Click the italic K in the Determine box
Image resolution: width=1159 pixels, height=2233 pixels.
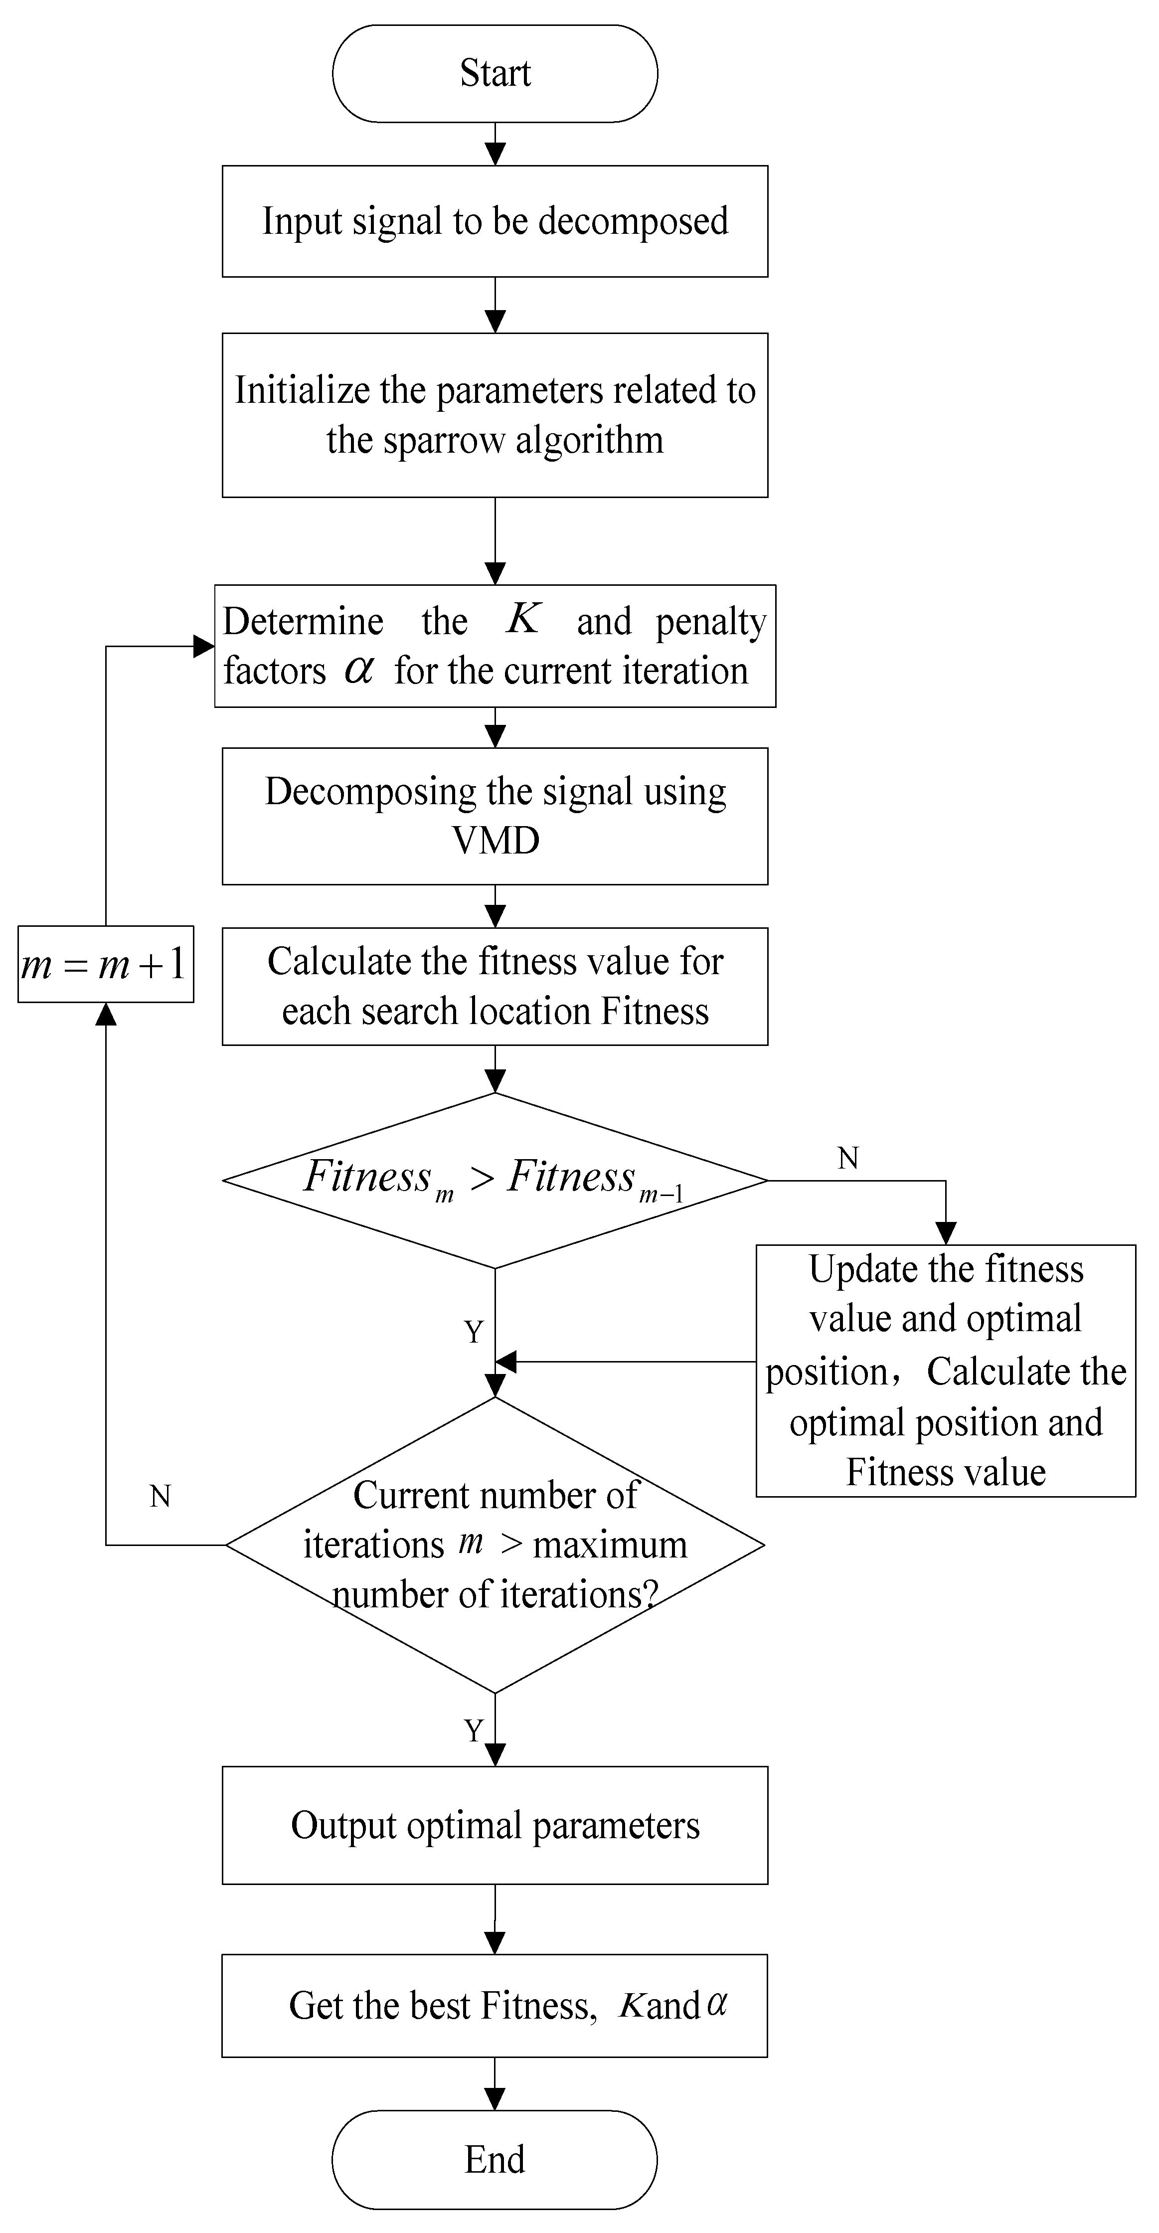tap(523, 619)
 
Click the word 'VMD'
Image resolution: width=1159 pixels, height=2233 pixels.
tap(495, 840)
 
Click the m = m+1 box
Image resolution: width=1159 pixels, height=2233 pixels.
tap(105, 964)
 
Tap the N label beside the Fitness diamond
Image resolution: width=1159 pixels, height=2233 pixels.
tap(848, 1158)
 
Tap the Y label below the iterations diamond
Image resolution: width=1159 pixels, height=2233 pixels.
tap(473, 1730)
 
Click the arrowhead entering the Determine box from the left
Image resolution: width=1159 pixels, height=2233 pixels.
tap(204, 646)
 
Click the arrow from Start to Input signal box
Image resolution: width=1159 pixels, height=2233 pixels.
tap(495, 144)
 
